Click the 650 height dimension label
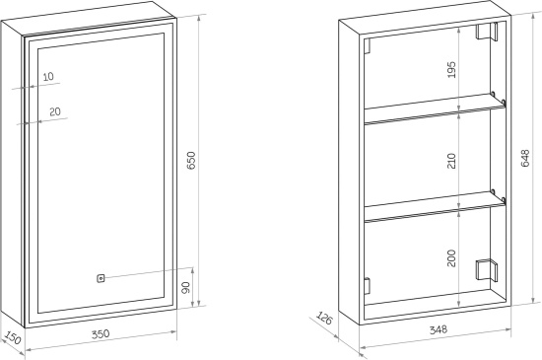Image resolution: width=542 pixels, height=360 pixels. (x=191, y=160)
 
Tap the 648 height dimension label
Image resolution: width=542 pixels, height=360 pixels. (x=524, y=158)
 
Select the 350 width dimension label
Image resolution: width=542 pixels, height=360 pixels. (x=101, y=334)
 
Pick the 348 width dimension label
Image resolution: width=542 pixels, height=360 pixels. (x=439, y=329)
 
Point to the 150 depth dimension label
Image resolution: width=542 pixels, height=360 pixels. (x=13, y=338)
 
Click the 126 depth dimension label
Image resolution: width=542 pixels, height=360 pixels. (x=324, y=319)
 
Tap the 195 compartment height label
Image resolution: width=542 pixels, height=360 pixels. (x=451, y=69)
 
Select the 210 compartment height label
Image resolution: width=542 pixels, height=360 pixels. (x=451, y=161)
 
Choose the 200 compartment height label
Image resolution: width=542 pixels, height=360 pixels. (x=451, y=258)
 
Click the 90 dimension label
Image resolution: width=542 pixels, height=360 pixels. (x=186, y=287)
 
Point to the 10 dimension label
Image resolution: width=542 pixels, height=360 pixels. (x=48, y=76)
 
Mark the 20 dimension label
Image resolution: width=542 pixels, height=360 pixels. (x=55, y=111)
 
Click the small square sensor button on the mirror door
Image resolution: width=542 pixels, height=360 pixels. (x=101, y=278)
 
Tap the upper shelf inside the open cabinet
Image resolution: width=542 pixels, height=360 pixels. (x=435, y=108)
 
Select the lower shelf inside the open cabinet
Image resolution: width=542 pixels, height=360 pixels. (x=435, y=206)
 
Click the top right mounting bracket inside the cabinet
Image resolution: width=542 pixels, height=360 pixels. (x=487, y=32)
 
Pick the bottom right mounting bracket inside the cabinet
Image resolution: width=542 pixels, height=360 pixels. (x=487, y=270)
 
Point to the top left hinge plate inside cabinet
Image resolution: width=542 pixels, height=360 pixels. (x=368, y=46)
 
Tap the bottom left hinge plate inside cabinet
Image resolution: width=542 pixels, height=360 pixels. (x=368, y=286)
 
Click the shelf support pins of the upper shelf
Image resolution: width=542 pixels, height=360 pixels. (x=498, y=98)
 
